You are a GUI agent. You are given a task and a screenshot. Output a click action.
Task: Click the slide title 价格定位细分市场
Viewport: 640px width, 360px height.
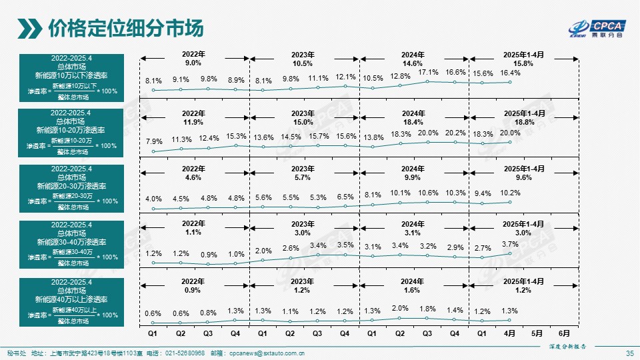(125, 29)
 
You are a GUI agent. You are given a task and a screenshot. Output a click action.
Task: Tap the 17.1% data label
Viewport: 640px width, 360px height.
(428, 72)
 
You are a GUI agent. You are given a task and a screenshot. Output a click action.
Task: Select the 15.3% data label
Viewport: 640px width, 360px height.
(237, 136)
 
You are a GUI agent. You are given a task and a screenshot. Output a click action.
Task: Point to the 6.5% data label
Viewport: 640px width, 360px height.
(345, 197)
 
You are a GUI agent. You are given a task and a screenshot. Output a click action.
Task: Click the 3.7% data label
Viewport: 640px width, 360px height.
(510, 244)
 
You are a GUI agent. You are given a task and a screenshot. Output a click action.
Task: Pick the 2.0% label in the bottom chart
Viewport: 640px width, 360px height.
(400, 308)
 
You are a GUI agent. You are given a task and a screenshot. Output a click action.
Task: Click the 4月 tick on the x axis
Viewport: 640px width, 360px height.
(510, 333)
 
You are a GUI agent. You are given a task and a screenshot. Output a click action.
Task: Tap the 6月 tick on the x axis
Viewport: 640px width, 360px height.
(565, 333)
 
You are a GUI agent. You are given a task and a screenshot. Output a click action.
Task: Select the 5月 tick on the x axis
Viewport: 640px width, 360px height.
(537, 333)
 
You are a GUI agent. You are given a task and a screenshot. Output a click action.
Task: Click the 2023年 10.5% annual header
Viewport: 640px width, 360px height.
(303, 59)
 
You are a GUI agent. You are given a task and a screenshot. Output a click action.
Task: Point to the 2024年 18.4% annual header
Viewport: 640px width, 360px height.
(413, 118)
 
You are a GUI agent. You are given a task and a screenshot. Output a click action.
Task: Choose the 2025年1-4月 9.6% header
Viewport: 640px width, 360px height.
(523, 174)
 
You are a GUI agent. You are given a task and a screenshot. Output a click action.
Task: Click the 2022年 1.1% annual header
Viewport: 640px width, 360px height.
(193, 228)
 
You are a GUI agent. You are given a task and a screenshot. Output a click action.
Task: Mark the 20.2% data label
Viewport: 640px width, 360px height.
(455, 133)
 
